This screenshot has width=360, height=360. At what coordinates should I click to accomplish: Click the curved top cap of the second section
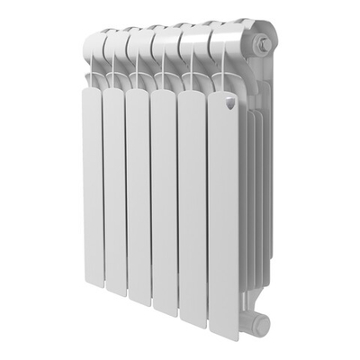(117, 40)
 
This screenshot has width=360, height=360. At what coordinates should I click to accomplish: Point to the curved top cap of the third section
(139, 39)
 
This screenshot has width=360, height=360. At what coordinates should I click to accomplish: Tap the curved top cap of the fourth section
(164, 39)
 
